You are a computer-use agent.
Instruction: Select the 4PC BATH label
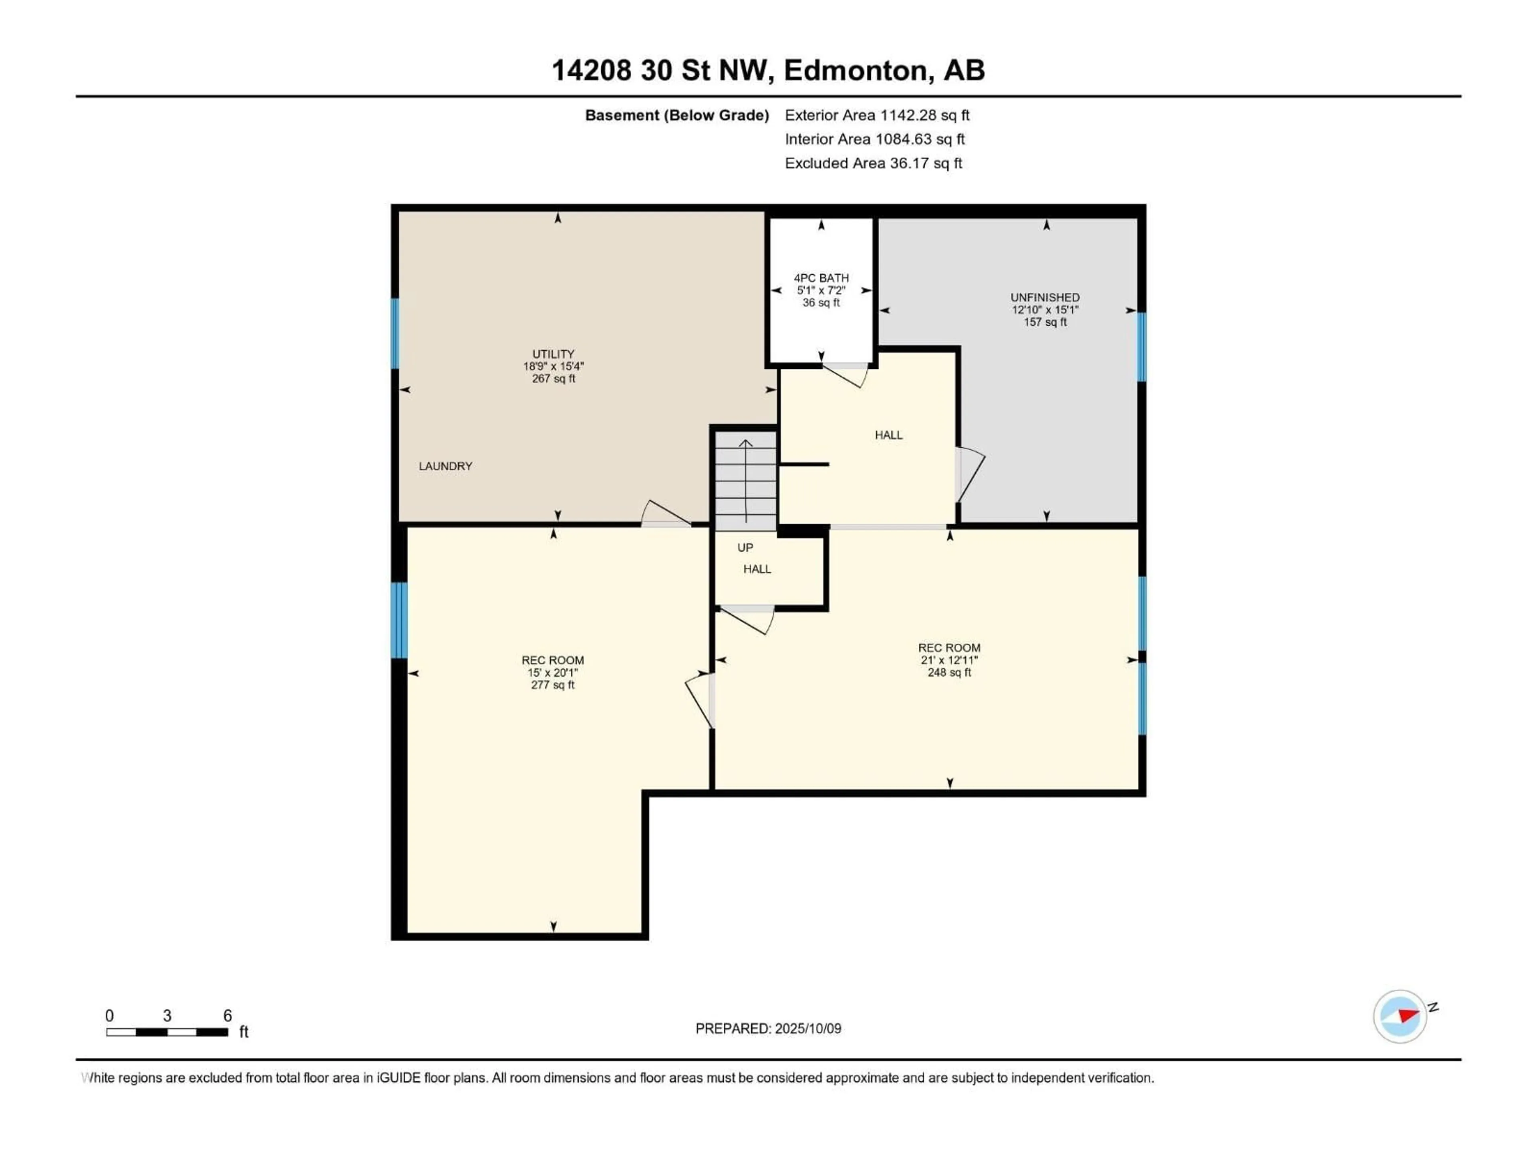821,278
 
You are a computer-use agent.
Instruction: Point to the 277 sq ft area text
553,685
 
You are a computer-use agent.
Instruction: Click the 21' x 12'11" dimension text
949,660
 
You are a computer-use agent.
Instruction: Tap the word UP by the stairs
745,548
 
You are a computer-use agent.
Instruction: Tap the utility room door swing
664,514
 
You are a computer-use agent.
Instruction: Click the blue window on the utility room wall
395,333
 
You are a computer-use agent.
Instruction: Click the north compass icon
1400,1016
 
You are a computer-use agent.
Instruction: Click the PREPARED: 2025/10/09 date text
768,1028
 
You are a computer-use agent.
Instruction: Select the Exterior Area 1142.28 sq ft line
877,115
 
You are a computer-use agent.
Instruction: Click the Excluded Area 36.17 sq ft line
873,163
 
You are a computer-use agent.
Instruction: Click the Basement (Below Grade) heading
676,115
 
